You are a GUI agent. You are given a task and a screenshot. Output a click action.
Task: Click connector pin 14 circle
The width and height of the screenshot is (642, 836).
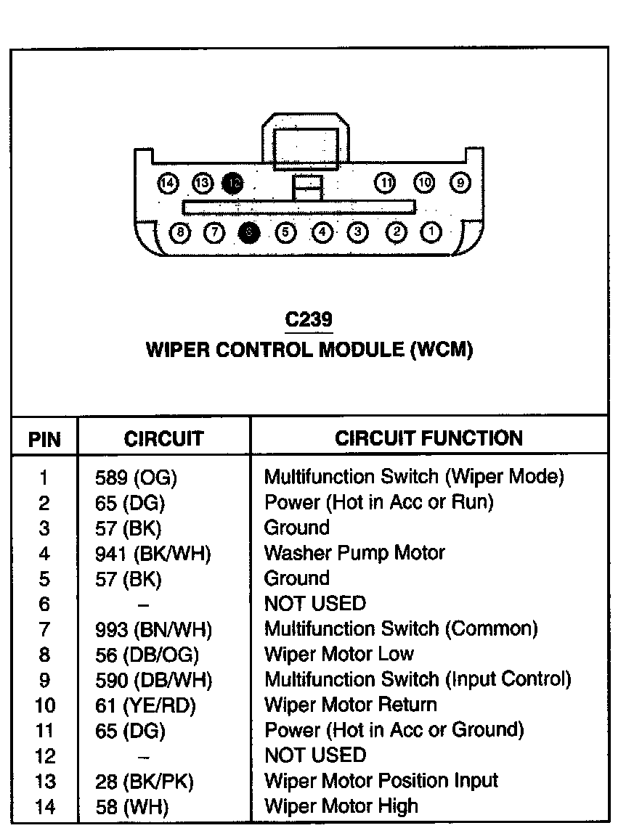pos(168,183)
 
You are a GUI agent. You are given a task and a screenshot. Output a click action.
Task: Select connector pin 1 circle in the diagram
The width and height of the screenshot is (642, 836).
pos(431,232)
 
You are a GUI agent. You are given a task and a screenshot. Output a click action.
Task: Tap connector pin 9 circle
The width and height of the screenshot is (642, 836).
pos(460,183)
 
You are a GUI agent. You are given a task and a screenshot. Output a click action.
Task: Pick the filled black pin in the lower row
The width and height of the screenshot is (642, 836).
pos(249,232)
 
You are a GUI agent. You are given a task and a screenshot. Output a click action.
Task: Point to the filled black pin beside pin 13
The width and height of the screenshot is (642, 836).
pos(233,183)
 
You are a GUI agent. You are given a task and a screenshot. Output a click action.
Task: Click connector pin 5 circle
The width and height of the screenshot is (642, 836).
pos(285,232)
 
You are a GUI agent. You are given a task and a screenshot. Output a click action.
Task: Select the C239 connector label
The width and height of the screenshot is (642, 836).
pos(309,319)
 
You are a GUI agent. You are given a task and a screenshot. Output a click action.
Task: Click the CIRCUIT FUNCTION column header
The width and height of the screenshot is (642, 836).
pos(428,438)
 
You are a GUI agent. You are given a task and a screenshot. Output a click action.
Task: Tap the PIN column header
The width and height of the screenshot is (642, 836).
pos(44,440)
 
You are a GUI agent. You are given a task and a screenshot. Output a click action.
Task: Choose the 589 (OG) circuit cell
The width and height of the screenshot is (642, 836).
pos(137,478)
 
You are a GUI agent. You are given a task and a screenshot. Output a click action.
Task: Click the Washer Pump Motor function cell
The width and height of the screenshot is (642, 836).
pos(354,553)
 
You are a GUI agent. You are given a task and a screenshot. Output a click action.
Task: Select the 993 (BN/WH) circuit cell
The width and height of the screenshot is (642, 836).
pos(154,629)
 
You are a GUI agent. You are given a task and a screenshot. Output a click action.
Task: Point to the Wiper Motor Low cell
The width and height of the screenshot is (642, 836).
pos(339,655)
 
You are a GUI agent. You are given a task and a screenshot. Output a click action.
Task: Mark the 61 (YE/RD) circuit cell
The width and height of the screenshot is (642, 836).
pos(146,705)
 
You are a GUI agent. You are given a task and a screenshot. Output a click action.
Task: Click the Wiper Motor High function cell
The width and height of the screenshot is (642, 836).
pos(341,806)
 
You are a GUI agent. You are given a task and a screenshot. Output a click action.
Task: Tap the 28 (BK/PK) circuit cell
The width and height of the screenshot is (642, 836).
pos(145,782)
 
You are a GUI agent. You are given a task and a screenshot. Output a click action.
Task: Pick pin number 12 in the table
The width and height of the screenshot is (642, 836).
pos(45,756)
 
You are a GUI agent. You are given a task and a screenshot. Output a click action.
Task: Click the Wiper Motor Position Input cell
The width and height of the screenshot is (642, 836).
pos(381,781)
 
